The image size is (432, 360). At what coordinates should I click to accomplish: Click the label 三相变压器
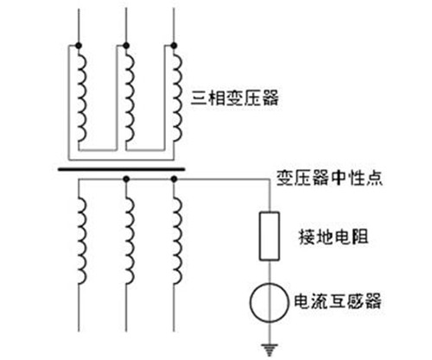coord(235,98)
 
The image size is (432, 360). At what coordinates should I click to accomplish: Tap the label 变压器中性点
coord(329,178)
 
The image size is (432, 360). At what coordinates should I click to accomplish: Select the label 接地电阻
coord(334,237)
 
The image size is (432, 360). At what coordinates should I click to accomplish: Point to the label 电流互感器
coord(338,301)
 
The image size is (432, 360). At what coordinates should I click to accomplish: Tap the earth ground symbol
coord(270,350)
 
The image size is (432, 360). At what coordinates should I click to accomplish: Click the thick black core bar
coord(121,169)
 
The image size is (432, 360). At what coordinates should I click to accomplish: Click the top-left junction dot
coord(79,46)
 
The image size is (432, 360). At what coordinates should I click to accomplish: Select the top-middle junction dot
coord(126,46)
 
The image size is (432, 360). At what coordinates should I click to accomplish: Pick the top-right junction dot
coord(174,46)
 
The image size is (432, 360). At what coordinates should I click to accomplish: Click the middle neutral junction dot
coord(126,179)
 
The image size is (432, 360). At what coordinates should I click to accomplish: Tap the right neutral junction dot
coord(174,179)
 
